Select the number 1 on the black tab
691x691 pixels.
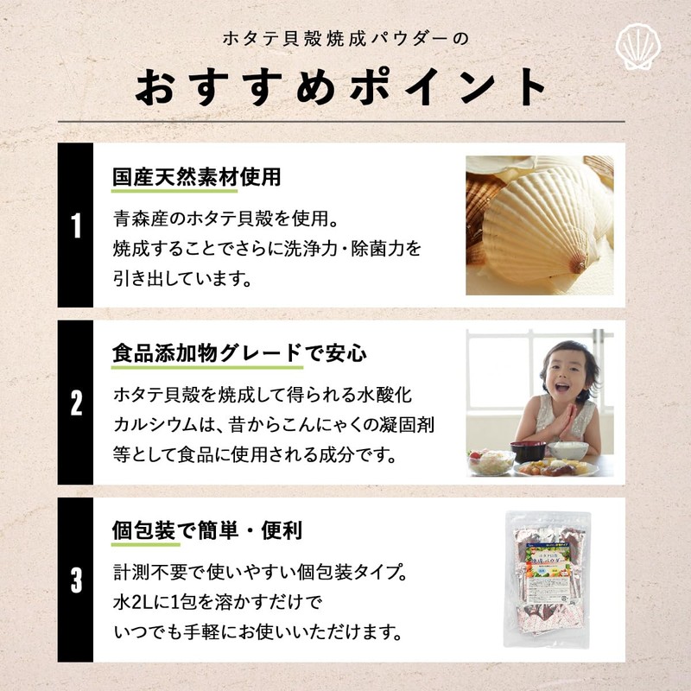point(76,226)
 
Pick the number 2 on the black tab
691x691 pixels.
point(76,403)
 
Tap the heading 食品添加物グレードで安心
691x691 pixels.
point(240,354)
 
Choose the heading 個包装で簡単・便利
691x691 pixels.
point(207,530)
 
